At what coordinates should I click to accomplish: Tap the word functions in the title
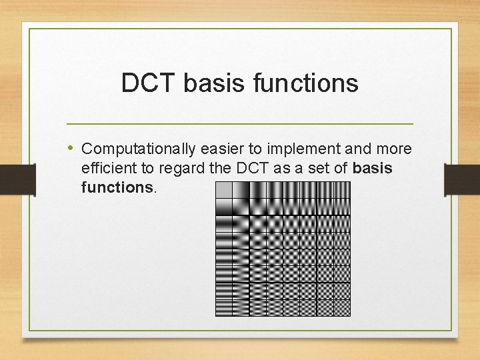pos(311,83)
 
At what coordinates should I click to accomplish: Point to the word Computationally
pos(137,149)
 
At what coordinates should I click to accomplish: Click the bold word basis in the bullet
pos(373,168)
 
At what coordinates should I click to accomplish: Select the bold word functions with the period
pos(119,187)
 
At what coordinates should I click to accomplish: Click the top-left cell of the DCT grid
pos(223,190)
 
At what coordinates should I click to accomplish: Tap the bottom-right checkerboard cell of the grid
pos(341,307)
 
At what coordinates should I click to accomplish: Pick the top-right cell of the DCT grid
pos(341,190)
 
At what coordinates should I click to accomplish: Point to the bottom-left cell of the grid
pos(223,307)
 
